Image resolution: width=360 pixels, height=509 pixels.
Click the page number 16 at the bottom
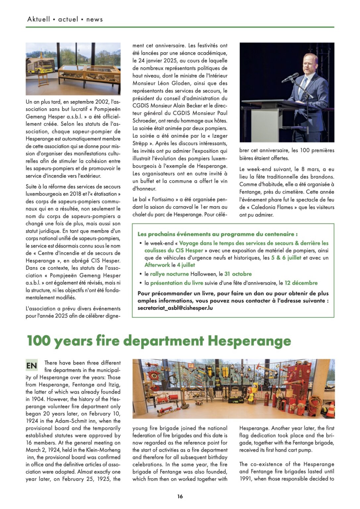(x=180, y=496)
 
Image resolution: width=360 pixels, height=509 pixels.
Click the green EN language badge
(x=32, y=366)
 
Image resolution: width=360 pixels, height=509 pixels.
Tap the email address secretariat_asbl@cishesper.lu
(x=175, y=308)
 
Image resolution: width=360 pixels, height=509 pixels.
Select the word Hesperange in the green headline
(x=249, y=341)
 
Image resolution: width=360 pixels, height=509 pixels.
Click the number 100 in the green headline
(x=38, y=341)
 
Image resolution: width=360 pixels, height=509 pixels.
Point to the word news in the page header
(x=94, y=19)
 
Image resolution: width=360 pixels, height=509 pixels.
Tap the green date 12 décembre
(x=301, y=283)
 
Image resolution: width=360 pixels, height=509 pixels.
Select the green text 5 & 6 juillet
(x=286, y=258)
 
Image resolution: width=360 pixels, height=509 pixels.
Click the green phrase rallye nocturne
(x=169, y=274)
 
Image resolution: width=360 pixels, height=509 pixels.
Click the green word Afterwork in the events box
(x=157, y=265)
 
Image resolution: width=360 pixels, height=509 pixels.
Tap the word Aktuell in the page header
(x=39, y=19)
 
